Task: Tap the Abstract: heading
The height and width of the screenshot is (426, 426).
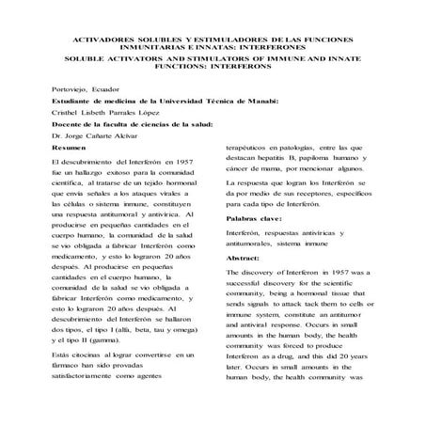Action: tap(246, 256)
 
